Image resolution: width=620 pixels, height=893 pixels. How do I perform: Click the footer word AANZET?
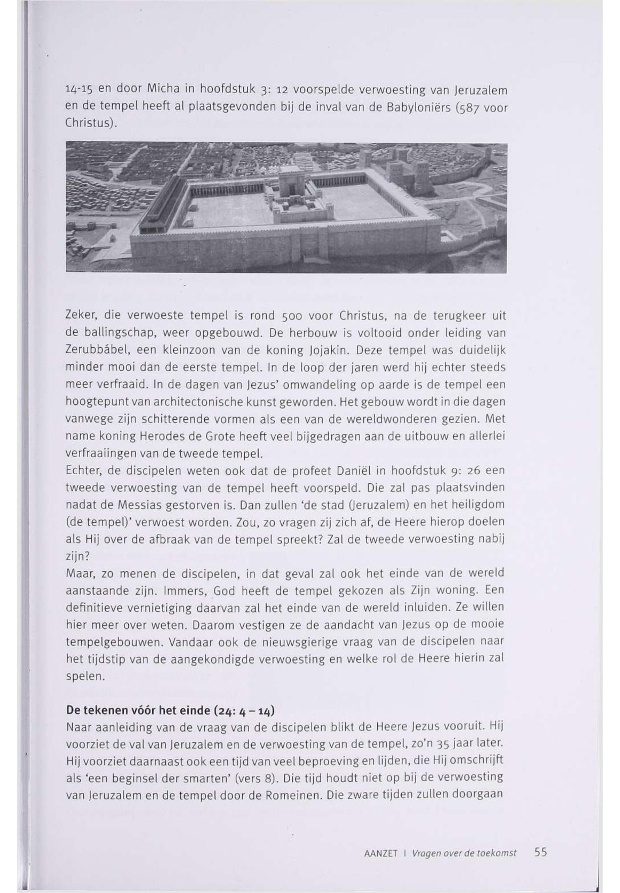(x=381, y=853)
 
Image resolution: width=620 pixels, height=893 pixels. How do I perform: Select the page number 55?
(x=540, y=852)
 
